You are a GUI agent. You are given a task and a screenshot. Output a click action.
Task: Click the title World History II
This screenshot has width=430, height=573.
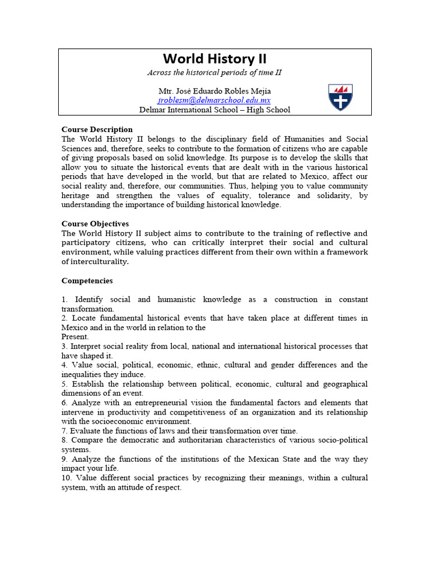tap(214, 59)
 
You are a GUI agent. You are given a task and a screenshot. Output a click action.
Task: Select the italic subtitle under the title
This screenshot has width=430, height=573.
tap(214, 73)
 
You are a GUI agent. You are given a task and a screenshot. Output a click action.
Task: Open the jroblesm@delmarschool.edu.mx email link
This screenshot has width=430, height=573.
tap(214, 100)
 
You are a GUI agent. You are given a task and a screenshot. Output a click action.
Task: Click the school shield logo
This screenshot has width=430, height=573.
tap(340, 97)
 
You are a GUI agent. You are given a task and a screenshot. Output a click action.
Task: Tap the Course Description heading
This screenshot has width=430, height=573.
tap(97, 129)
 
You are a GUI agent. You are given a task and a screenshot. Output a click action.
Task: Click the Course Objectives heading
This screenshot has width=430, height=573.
tap(95, 224)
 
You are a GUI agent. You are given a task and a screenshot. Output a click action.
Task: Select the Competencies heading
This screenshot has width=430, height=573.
tap(87, 281)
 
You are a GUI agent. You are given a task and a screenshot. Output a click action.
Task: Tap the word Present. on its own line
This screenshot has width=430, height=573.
tap(75, 337)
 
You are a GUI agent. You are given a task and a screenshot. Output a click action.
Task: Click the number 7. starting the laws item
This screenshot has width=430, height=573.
tap(65, 431)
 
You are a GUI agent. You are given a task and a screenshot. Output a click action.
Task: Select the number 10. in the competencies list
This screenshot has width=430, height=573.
tap(67, 478)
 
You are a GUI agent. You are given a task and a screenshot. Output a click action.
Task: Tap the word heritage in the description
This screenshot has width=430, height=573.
tap(78, 196)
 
